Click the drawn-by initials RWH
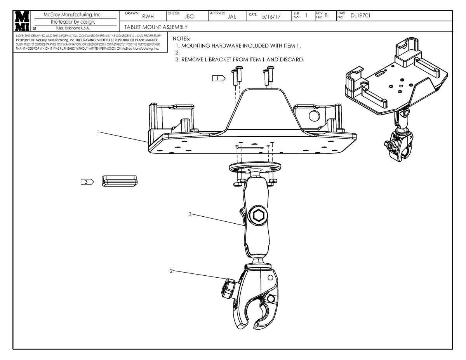pos(148,17)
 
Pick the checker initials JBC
pos(189,17)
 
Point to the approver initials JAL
pos(231,17)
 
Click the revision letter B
pos(326,16)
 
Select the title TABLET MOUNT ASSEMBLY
pos(156,27)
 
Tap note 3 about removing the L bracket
pos(240,60)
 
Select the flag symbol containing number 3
pos(87,181)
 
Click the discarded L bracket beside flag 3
pos(119,181)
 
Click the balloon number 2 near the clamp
pos(171,271)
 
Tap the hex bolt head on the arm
pos(258,215)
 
